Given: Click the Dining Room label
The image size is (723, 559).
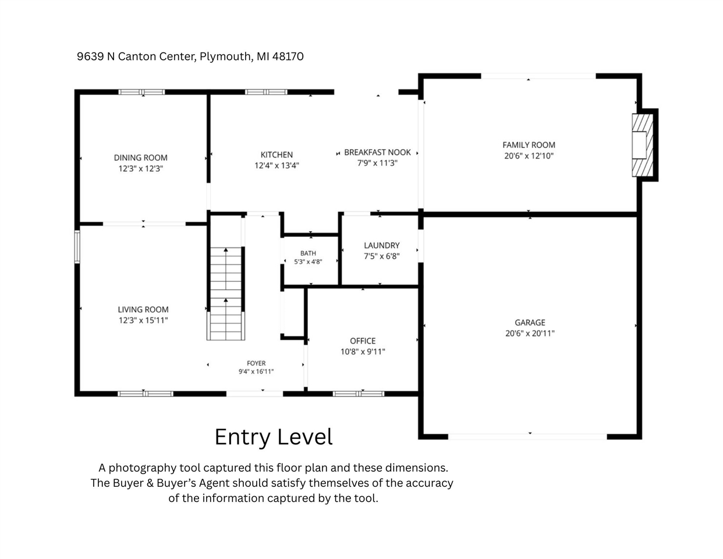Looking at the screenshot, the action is [x=140, y=158].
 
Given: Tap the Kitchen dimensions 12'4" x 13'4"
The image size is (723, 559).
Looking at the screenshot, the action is [x=277, y=165].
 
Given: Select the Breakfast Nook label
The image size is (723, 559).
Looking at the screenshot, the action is [x=377, y=153].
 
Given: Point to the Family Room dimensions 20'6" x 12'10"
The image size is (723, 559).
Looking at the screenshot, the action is [x=529, y=155].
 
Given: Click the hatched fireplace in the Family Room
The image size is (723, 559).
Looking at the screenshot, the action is [x=643, y=146].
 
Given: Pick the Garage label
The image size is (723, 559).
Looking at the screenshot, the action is [x=530, y=323].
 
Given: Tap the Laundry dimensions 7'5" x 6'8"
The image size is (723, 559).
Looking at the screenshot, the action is [x=382, y=256].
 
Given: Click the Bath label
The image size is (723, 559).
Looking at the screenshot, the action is [x=308, y=253].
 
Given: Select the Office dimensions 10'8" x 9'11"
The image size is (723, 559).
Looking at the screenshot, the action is [x=363, y=352].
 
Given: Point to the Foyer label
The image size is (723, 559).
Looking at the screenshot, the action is [x=256, y=363].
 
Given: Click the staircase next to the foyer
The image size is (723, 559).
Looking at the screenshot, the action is [x=226, y=293].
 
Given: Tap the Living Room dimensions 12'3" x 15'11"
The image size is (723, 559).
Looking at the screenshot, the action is [x=143, y=320].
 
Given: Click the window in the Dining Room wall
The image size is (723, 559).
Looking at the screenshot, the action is [x=141, y=92].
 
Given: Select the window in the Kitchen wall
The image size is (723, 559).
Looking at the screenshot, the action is [x=266, y=92].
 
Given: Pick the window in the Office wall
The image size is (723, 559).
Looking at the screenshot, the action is [x=359, y=394].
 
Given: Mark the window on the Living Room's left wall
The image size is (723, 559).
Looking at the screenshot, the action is [x=77, y=247].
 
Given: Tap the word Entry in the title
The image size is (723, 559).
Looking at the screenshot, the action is [x=242, y=437].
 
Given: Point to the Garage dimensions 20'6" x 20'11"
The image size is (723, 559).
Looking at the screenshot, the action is [x=530, y=334].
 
